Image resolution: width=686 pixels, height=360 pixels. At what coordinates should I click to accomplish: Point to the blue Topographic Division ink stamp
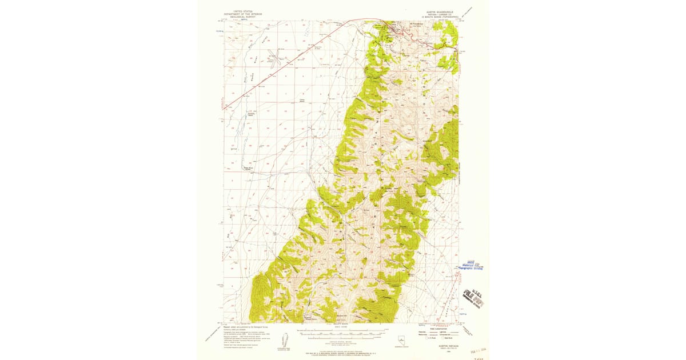[472, 265]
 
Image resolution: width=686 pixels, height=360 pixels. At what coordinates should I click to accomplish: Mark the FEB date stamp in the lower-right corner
[476, 350]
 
